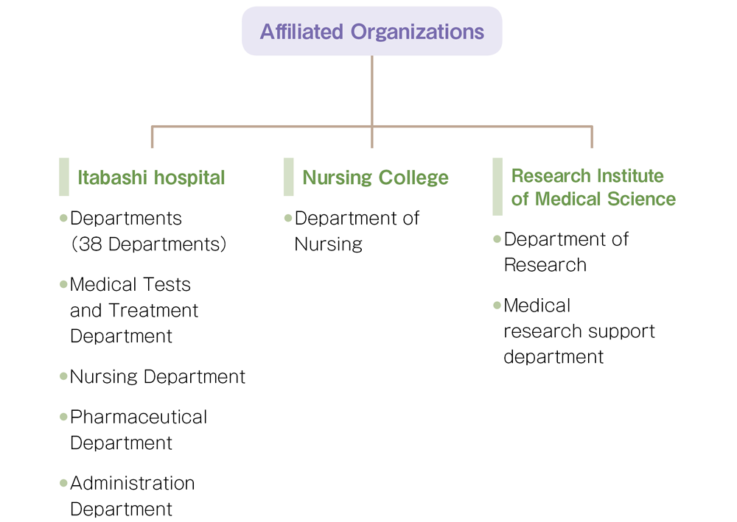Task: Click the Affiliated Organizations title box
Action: [x=371, y=32]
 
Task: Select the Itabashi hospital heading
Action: [x=151, y=177]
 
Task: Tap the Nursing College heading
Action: [x=375, y=177]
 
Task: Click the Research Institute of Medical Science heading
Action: [x=593, y=187]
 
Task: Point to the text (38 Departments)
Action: [x=148, y=244]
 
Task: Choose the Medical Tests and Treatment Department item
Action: [x=133, y=310]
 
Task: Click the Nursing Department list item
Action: [x=157, y=377]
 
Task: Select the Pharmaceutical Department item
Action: [x=138, y=429]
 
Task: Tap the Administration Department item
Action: [x=132, y=495]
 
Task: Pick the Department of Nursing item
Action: [x=356, y=231]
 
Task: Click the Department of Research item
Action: [x=565, y=252]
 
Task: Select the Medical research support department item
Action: [x=579, y=331]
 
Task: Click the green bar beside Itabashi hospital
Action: [x=64, y=177]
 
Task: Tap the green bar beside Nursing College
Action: [x=288, y=177]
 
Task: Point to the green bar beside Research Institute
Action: [x=497, y=186]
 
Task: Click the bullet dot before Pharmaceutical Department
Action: [x=63, y=417]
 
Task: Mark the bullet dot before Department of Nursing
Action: [x=288, y=218]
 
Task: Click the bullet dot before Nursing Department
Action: [x=63, y=376]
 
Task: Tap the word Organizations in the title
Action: [x=417, y=32]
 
